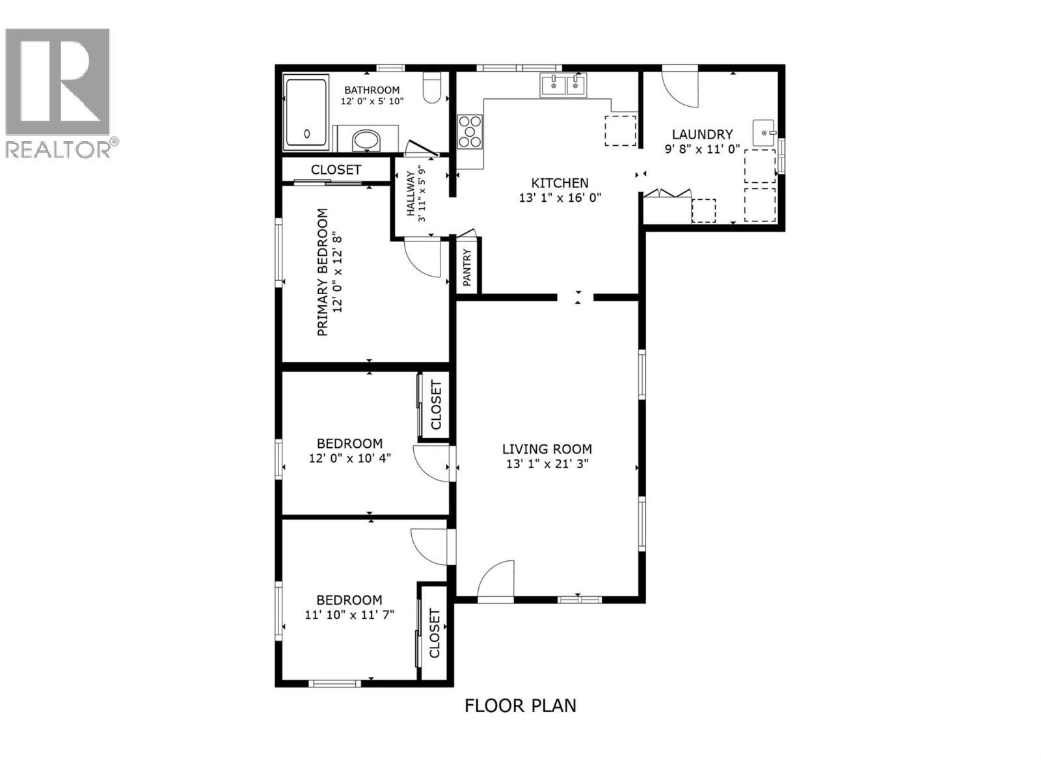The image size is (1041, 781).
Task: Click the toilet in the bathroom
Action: click(432, 89)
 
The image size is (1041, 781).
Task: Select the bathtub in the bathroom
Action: click(306, 113)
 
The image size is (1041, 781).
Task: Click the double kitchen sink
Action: click(563, 85)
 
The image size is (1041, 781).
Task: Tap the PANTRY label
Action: click(467, 267)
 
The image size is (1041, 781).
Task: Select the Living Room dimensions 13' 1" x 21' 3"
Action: click(547, 464)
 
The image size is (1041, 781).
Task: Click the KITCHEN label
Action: click(560, 184)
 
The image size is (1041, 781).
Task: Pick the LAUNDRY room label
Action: click(702, 135)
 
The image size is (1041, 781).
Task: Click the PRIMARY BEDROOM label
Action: click(322, 272)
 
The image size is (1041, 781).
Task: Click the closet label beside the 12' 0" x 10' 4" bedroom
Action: click(435, 405)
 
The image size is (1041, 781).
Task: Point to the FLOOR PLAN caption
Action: click(520, 706)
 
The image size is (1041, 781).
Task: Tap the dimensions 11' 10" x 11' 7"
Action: click(349, 614)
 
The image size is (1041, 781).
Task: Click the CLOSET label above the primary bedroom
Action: click(336, 170)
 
